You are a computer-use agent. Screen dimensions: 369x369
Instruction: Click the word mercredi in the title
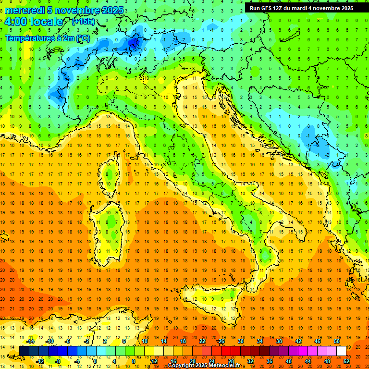point(25,10)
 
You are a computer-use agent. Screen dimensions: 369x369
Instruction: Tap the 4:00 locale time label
point(34,22)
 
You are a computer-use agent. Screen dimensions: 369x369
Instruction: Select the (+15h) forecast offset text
point(83,22)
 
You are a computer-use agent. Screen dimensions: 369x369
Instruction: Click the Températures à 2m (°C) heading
point(47,38)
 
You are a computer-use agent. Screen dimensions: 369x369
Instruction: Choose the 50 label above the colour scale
point(336,341)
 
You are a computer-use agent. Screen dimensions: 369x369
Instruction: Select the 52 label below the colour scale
point(347,361)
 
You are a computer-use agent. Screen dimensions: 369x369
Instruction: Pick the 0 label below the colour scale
point(95,361)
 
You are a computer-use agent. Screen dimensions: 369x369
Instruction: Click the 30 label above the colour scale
point(241,341)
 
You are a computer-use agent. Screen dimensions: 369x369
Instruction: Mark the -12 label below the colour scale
point(40,361)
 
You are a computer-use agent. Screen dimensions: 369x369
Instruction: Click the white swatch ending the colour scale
point(341,351)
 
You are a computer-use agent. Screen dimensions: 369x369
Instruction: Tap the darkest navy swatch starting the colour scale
point(24,351)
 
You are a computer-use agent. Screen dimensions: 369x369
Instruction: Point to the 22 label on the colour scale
point(202,341)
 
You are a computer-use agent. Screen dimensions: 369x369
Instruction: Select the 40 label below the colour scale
point(288,361)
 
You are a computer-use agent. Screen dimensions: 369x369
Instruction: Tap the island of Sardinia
point(111,226)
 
